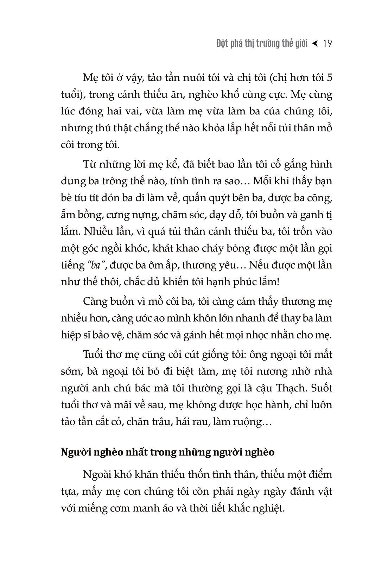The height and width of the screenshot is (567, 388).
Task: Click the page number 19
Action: coord(327,44)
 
